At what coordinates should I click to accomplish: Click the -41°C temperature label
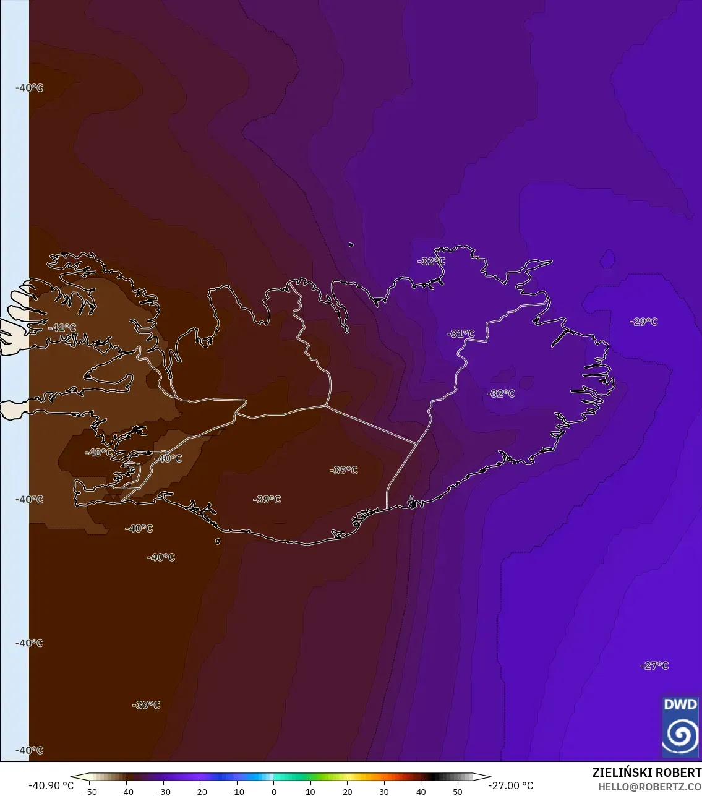pyautogui.click(x=62, y=328)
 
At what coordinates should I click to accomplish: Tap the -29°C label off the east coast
pyautogui.click(x=643, y=322)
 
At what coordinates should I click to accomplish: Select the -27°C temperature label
pyautogui.click(x=654, y=665)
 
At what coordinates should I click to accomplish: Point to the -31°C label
pyautogui.click(x=461, y=334)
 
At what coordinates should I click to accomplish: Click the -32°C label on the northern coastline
pyautogui.click(x=431, y=261)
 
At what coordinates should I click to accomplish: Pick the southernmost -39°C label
pyautogui.click(x=146, y=705)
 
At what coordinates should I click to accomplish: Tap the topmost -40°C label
pyautogui.click(x=30, y=88)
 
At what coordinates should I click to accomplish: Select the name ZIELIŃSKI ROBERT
pyautogui.click(x=646, y=772)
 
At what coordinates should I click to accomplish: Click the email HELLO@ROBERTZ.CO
pyautogui.click(x=649, y=787)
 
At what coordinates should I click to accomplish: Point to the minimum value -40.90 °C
pyautogui.click(x=51, y=785)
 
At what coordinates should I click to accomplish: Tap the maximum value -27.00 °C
pyautogui.click(x=510, y=785)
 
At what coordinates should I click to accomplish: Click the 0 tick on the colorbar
pyautogui.click(x=274, y=792)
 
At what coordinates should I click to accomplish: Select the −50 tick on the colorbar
pyautogui.click(x=90, y=792)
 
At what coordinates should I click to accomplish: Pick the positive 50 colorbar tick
pyautogui.click(x=458, y=792)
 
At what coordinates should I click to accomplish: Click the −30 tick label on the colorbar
pyautogui.click(x=163, y=792)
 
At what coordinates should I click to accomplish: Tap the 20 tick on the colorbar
pyautogui.click(x=348, y=792)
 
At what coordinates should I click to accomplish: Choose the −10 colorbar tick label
pyautogui.click(x=237, y=792)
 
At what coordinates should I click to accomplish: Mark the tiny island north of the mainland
pyautogui.click(x=351, y=245)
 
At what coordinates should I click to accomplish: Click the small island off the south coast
pyautogui.click(x=218, y=541)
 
